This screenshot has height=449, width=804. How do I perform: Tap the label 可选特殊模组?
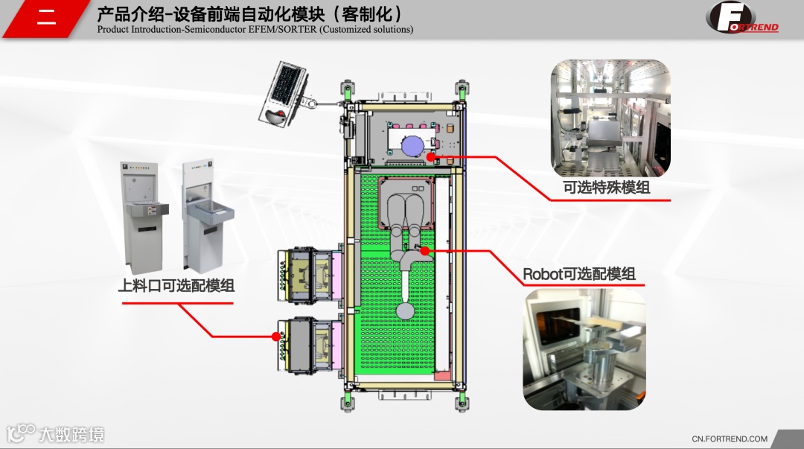point(607,188)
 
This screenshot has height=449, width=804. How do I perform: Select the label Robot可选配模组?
point(579,274)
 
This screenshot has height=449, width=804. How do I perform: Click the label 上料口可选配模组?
point(176,285)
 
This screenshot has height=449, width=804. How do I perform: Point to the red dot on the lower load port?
point(276,337)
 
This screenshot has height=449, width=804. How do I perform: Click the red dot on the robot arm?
point(424,251)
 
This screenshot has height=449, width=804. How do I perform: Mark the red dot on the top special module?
point(430,157)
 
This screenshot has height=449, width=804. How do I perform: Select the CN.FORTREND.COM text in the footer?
point(730,439)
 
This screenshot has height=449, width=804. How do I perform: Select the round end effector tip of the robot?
point(406,310)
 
